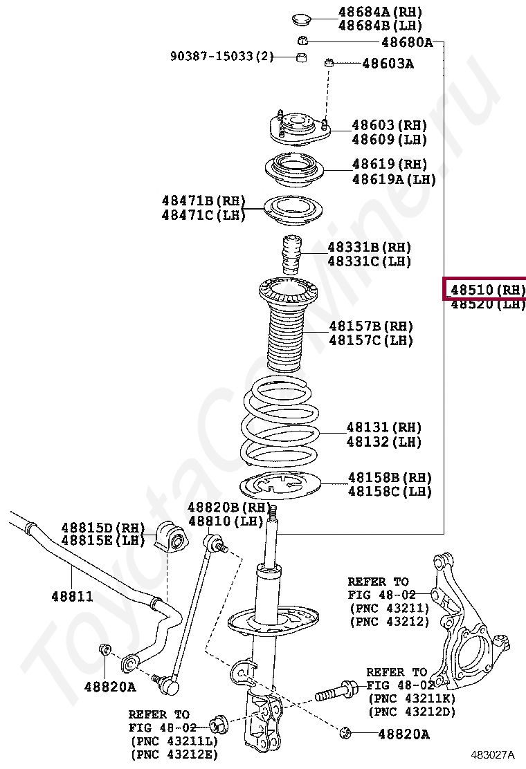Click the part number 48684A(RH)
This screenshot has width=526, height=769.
click(x=379, y=12)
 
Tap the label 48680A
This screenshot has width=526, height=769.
click(x=407, y=42)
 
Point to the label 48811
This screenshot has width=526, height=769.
click(x=72, y=595)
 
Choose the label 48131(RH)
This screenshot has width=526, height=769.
click(x=383, y=427)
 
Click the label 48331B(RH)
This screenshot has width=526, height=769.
click(x=369, y=247)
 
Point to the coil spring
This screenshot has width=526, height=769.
click(x=280, y=422)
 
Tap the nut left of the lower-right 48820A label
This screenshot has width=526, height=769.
click(x=347, y=732)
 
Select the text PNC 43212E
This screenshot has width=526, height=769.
click(x=173, y=754)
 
